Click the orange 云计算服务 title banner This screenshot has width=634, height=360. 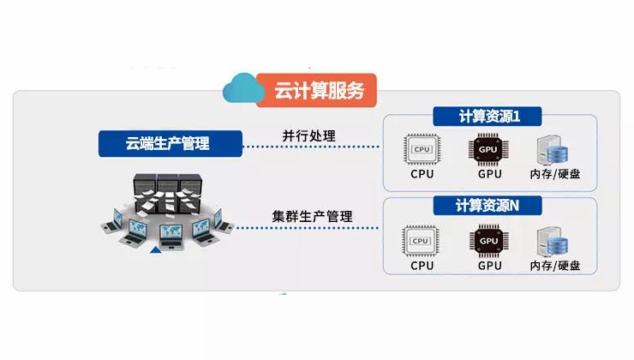320,89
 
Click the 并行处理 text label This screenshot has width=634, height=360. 309,135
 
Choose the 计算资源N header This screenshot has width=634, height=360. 488,207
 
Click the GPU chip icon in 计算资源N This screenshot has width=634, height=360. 489,241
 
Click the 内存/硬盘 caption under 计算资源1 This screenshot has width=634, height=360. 555,174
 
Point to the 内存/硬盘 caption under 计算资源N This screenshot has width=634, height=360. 555,265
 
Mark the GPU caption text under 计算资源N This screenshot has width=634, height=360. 489,265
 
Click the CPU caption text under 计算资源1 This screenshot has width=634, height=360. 422,174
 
